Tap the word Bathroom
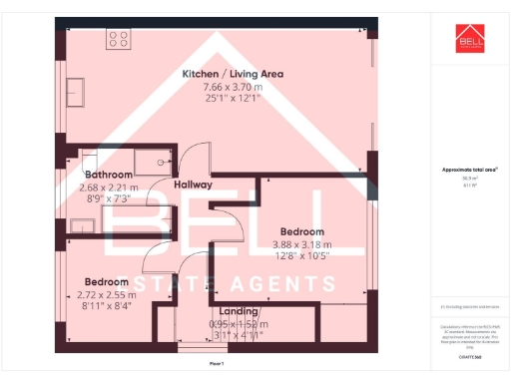(108, 175)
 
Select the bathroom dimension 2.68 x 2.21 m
(108, 187)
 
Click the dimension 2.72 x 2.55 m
(108, 293)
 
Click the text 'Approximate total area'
(470, 170)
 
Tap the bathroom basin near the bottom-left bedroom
(83, 225)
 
